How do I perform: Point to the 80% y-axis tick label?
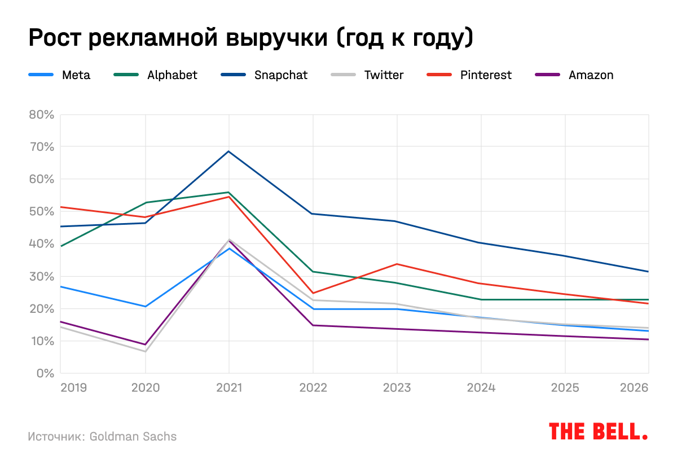click(x=41, y=115)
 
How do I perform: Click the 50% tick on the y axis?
click(x=41, y=212)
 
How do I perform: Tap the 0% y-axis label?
click(x=45, y=373)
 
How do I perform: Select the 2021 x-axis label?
click(x=229, y=388)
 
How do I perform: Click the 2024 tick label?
click(x=481, y=388)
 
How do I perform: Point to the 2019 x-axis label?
click(x=73, y=388)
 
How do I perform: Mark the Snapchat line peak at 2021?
click(x=229, y=151)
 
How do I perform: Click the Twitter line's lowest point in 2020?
click(x=145, y=351)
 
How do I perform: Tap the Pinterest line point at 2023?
click(x=397, y=264)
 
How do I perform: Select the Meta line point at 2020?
click(x=145, y=307)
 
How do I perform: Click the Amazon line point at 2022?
click(x=313, y=325)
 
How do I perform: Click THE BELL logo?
click(x=597, y=432)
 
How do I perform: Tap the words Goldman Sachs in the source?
click(x=133, y=437)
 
